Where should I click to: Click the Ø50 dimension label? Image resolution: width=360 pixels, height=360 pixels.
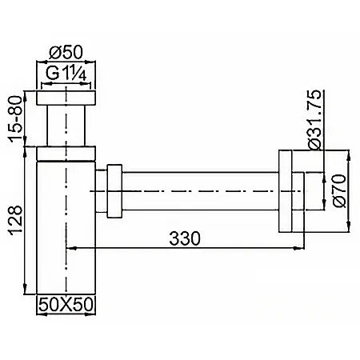(66, 53)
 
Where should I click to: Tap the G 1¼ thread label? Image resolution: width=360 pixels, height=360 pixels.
(66, 73)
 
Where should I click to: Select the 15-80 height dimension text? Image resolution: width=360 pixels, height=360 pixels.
(14, 118)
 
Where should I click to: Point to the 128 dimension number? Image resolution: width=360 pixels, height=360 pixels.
(15, 220)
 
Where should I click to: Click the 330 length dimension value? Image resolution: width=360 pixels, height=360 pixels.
(185, 238)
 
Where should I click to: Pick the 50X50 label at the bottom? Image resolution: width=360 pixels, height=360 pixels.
(66, 304)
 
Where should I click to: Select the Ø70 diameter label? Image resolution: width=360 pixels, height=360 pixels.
(339, 191)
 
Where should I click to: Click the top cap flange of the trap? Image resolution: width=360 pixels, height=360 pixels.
(66, 98)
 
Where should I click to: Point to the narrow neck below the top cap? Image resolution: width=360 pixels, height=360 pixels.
(66, 126)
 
